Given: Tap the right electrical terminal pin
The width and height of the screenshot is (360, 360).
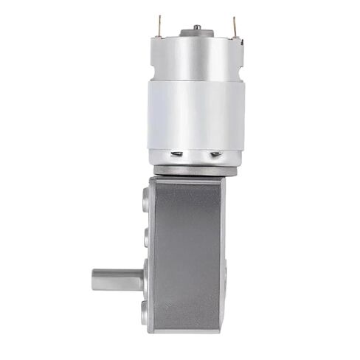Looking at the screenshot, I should coord(234,27).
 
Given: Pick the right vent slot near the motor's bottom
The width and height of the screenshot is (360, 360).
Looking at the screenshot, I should coord(215,154).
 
